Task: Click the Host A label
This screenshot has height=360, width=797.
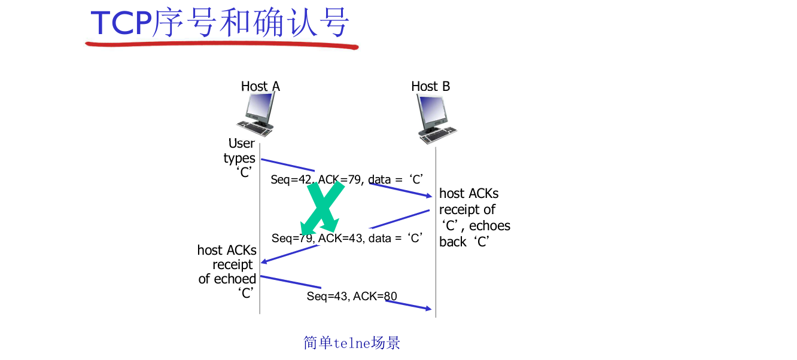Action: tap(260, 86)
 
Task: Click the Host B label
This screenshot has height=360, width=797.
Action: tap(430, 86)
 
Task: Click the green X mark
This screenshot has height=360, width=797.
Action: tap(324, 206)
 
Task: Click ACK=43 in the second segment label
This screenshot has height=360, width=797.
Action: tap(340, 238)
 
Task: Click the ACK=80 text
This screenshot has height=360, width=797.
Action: tap(375, 295)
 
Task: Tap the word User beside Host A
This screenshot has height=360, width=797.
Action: tap(242, 144)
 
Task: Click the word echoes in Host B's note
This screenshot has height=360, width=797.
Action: tap(489, 226)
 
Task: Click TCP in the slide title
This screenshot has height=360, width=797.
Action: tap(121, 24)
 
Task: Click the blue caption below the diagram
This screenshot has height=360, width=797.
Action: tap(352, 343)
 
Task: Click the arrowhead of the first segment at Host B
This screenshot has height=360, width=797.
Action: tap(427, 196)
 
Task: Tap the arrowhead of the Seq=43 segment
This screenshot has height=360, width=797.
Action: tap(427, 309)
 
